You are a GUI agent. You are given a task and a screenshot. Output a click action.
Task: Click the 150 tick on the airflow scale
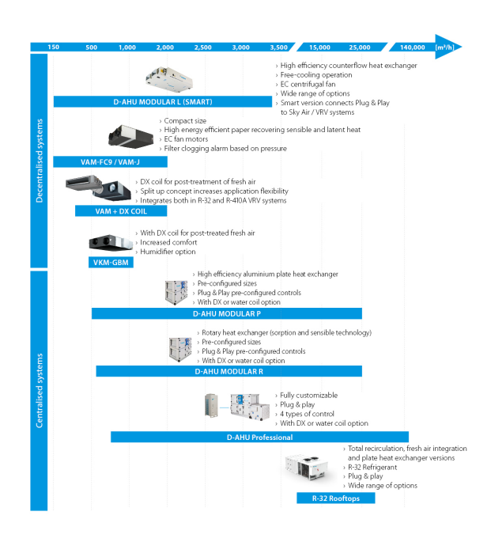pyautogui.click(x=53, y=47)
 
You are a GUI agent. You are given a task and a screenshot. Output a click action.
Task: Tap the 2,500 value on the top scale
pyautogui.click(x=202, y=47)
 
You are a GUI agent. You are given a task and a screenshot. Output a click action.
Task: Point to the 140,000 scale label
pyautogui.click(x=413, y=47)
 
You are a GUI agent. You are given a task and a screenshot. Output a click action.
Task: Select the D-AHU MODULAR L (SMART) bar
pyautogui.click(x=162, y=102)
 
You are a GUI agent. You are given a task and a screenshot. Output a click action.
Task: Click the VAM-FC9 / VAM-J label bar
pyautogui.click(x=110, y=162)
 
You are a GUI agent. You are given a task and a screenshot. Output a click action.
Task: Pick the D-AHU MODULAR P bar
pyautogui.click(x=226, y=313)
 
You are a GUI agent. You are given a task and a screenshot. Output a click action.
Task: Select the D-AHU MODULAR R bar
pyautogui.click(x=229, y=371)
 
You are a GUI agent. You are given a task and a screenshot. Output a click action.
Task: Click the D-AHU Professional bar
pyautogui.click(x=259, y=437)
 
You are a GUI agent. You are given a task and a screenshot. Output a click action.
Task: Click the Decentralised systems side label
pyautogui.click(x=40, y=161)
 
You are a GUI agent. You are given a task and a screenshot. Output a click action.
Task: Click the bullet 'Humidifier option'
pyautogui.click(x=168, y=252)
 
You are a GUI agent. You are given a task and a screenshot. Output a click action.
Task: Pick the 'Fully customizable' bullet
pyautogui.click(x=308, y=395)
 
